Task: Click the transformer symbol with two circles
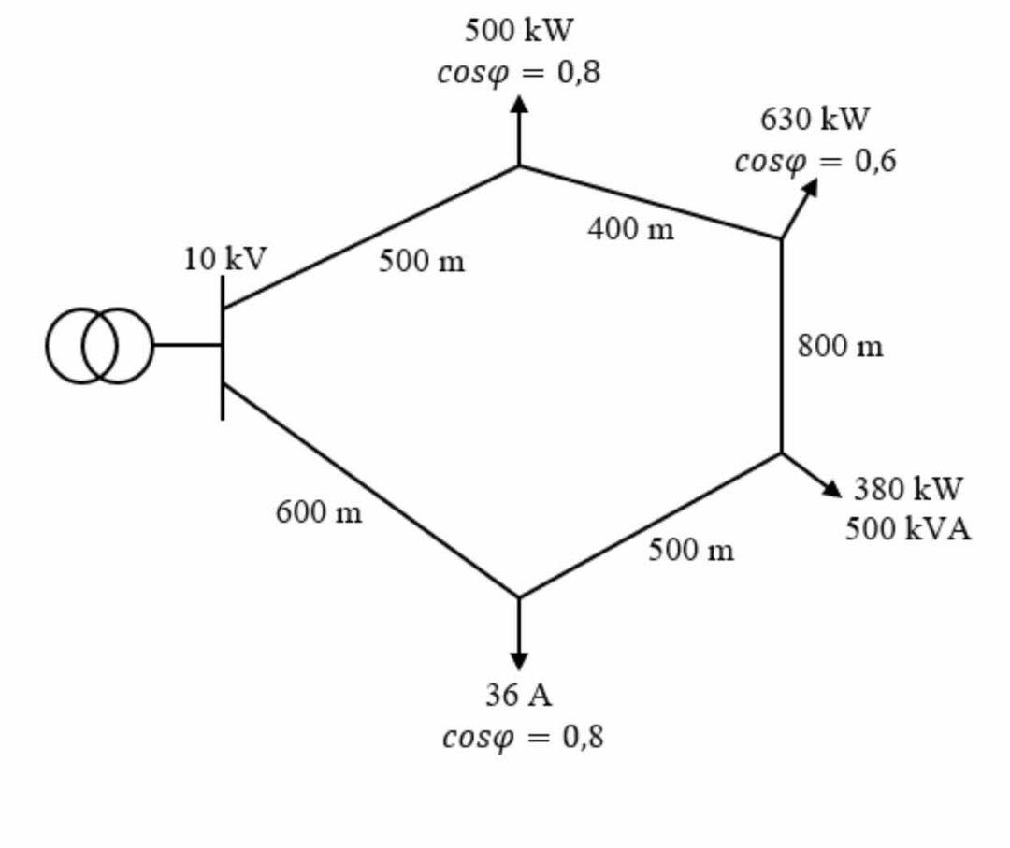(x=98, y=346)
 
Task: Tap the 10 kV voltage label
(x=224, y=259)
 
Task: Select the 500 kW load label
(x=519, y=31)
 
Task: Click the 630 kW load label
(x=815, y=120)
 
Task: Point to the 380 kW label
(x=907, y=489)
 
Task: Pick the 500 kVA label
(x=908, y=529)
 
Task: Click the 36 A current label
(x=519, y=695)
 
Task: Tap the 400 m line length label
(x=630, y=228)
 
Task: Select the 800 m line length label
(x=840, y=347)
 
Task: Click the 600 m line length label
(x=319, y=512)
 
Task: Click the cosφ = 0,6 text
(x=815, y=161)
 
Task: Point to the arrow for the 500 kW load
(x=519, y=131)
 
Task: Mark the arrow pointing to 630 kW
(x=801, y=206)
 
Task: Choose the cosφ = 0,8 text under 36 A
(x=523, y=737)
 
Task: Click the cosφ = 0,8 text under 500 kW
(x=519, y=73)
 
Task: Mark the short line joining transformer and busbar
(x=187, y=345)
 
